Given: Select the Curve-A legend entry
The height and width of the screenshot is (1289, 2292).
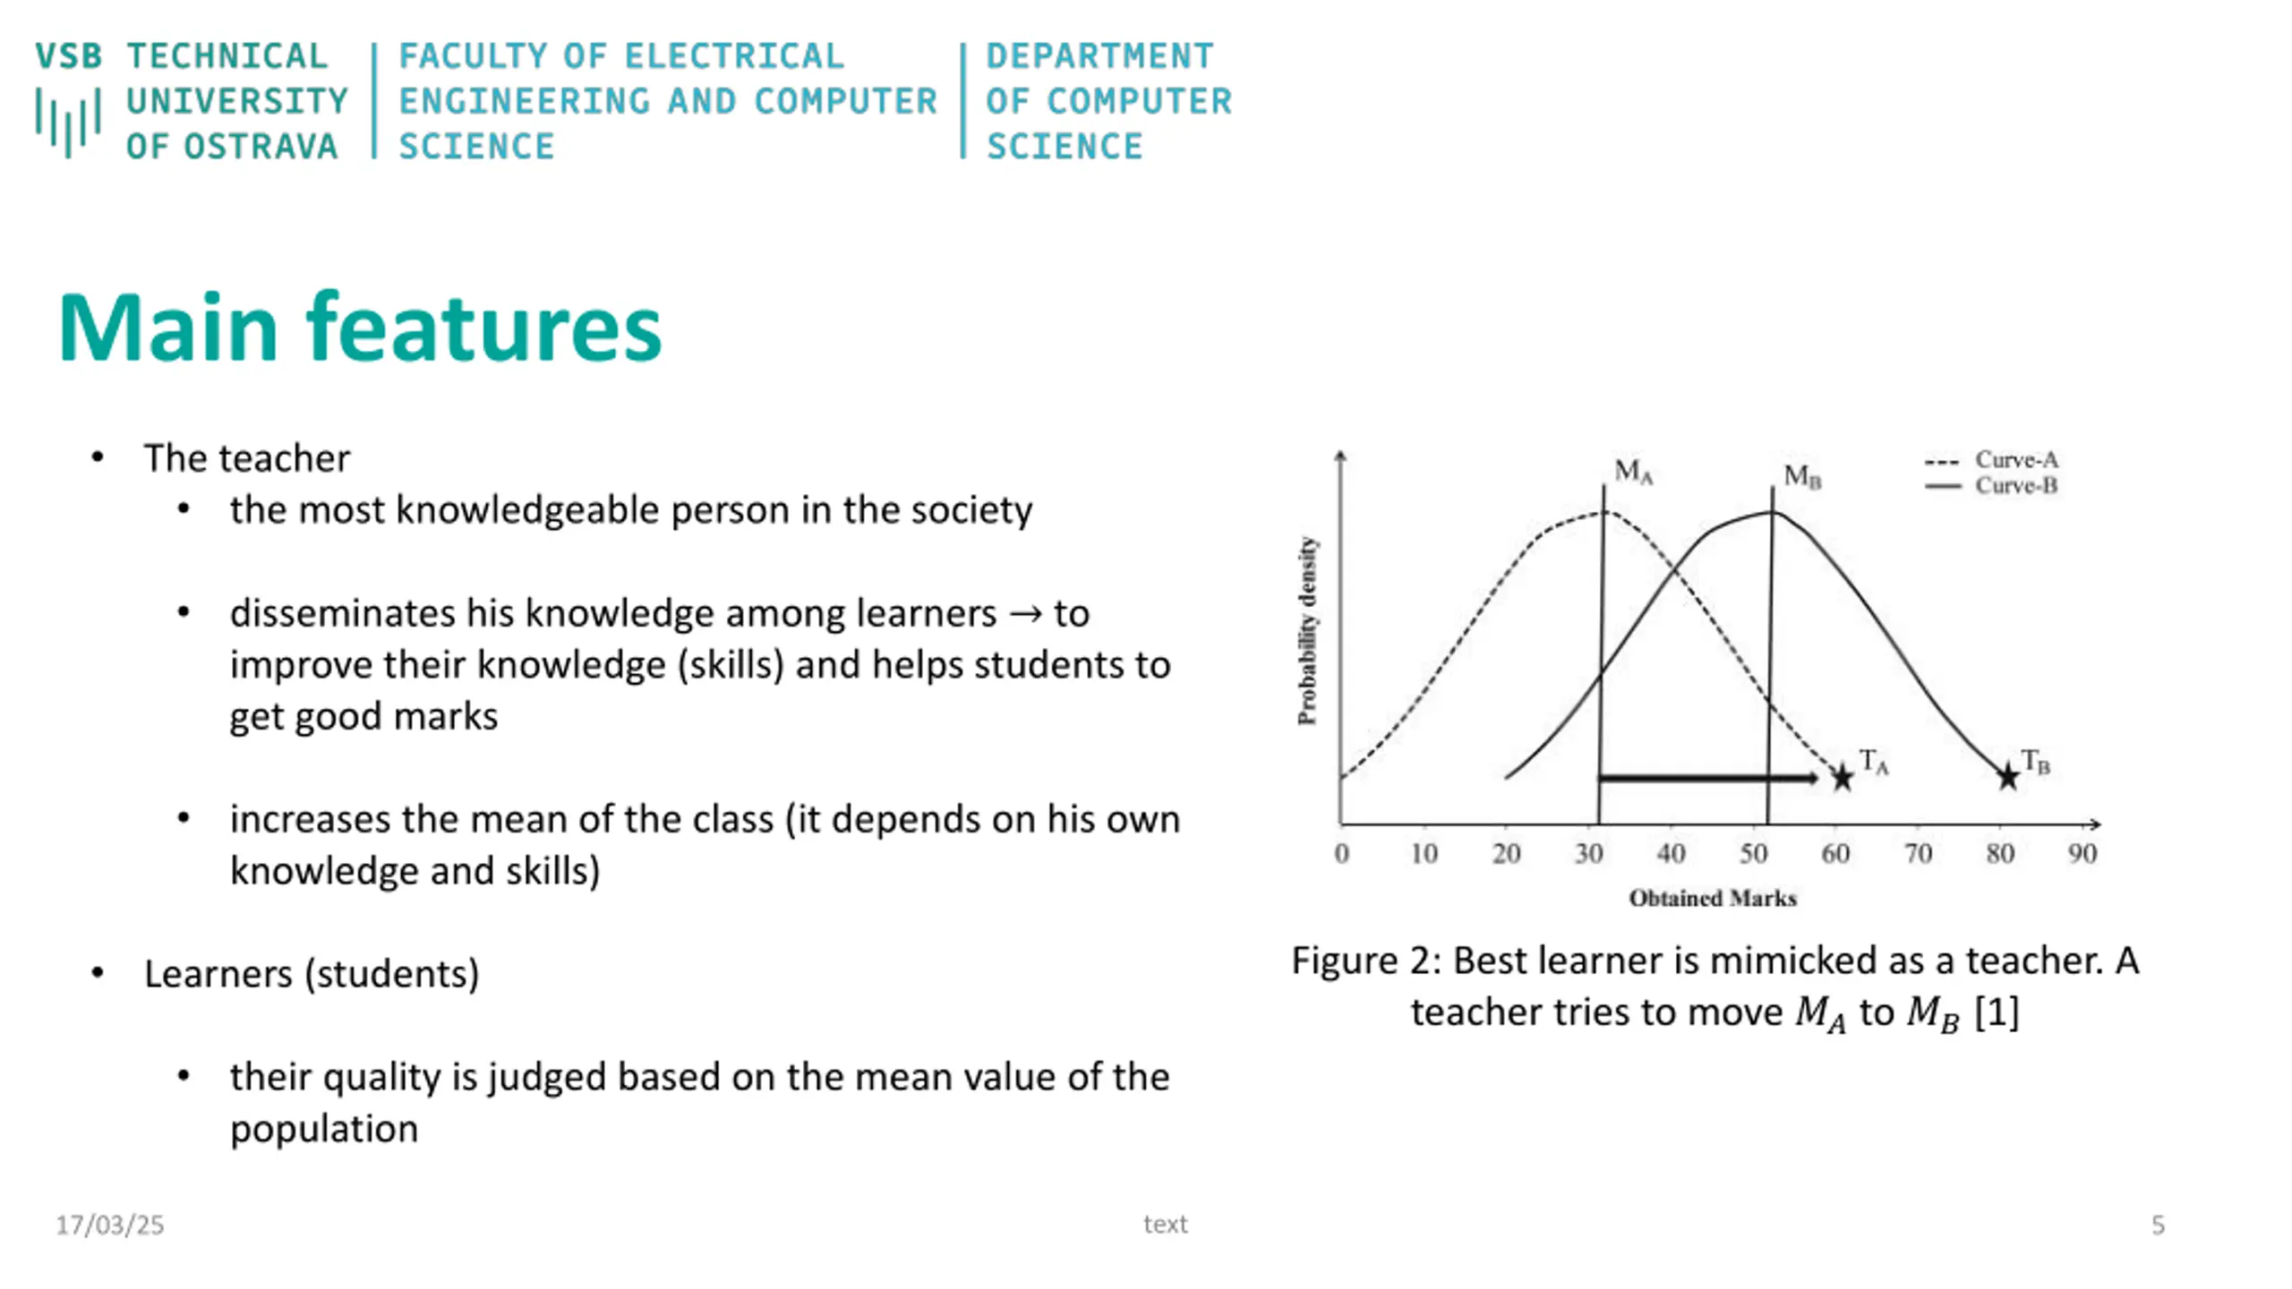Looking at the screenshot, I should pyautogui.click(x=2015, y=460).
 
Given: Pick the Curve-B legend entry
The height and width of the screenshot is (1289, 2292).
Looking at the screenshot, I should pyautogui.click(x=2015, y=486).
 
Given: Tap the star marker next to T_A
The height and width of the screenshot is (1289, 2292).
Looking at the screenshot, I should pyautogui.click(x=1842, y=777).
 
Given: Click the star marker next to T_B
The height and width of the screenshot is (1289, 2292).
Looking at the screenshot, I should pyautogui.click(x=2008, y=777).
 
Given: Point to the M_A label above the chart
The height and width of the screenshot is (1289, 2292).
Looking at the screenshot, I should pyautogui.click(x=1633, y=471).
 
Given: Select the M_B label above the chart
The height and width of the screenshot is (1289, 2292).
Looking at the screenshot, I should pyautogui.click(x=1801, y=476).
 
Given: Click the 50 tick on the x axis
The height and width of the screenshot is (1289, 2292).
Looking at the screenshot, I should pyautogui.click(x=1753, y=854).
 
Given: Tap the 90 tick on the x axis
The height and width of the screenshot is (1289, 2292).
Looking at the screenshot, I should pyautogui.click(x=2082, y=854).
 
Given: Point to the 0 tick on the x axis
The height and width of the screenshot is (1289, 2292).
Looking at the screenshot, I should pyautogui.click(x=1341, y=854).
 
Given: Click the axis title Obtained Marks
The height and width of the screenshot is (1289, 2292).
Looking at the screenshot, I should pyautogui.click(x=1713, y=899).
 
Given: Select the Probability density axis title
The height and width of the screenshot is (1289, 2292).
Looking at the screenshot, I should pyautogui.click(x=1308, y=631).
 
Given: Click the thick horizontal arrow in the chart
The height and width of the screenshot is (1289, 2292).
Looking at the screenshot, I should pyautogui.click(x=1706, y=778).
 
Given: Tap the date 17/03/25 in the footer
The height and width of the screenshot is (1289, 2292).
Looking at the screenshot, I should pyautogui.click(x=110, y=1225).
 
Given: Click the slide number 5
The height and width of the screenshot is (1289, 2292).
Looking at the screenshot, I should pyautogui.click(x=2158, y=1225).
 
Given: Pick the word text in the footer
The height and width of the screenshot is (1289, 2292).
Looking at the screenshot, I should pyautogui.click(x=1165, y=1225).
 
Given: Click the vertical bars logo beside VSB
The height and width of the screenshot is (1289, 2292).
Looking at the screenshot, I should pyautogui.click(x=68, y=122).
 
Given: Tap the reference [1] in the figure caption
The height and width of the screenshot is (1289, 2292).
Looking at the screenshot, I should pyautogui.click(x=1997, y=1013).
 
